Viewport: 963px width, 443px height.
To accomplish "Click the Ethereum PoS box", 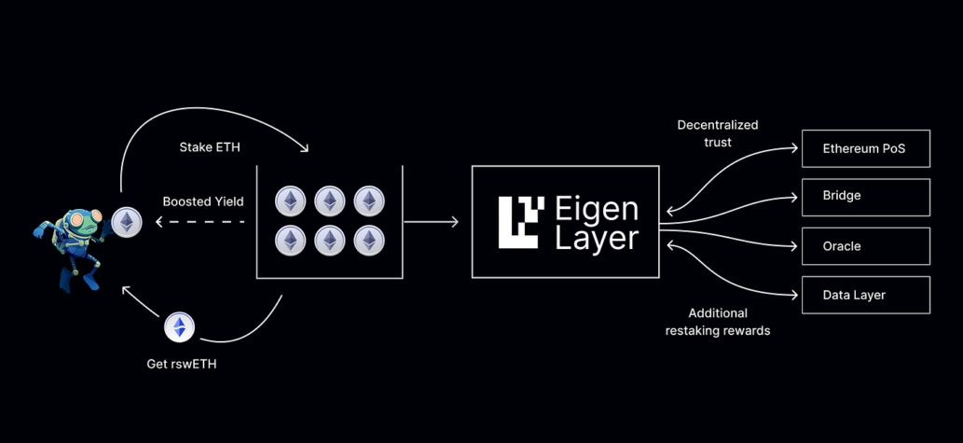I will tap(865, 148).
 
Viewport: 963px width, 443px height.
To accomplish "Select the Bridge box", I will tap(865, 197).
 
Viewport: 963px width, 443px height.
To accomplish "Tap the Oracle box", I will tap(865, 246).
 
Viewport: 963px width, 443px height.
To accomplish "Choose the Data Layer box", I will tap(865, 295).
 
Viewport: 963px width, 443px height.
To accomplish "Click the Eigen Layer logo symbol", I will tap(520, 221).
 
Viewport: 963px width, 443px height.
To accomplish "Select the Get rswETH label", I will tap(182, 363).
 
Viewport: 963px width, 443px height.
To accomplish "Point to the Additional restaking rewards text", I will tap(718, 322).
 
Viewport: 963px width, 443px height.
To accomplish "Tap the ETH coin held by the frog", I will tap(124, 221).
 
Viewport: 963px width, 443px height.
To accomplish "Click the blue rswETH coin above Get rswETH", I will tap(179, 326).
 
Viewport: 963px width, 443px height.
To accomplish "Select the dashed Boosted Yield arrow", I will tap(200, 222).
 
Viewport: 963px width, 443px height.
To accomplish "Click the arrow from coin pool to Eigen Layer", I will tap(432, 222).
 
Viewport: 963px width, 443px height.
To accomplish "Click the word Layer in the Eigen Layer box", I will tap(597, 238).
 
